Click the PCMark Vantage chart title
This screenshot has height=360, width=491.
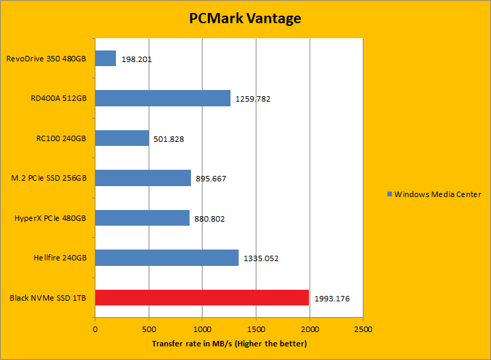[245, 18]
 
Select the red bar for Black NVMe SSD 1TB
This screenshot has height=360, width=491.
[202, 298]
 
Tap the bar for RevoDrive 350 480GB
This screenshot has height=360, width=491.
[105, 59]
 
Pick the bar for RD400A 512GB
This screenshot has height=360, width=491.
[162, 98]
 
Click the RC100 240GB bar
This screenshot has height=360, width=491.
[121, 138]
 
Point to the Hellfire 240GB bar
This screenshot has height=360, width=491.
[166, 258]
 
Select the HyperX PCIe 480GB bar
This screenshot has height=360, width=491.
[142, 218]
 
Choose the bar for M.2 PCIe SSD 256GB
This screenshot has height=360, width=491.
[143, 178]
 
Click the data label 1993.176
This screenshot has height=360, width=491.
[333, 299]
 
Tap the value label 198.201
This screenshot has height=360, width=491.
[136, 59]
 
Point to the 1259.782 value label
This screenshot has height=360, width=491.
[253, 99]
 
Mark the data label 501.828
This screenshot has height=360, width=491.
[168, 139]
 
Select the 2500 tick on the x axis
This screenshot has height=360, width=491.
[363, 329]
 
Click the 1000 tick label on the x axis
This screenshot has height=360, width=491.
[202, 329]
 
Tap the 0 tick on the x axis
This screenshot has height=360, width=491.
[95, 329]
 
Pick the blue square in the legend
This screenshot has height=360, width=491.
[390, 194]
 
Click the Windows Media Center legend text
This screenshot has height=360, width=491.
[438, 194]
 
